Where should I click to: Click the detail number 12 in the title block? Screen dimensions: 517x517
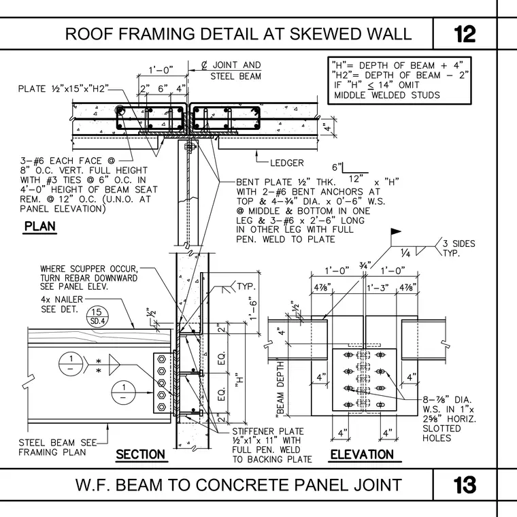[x=465, y=34]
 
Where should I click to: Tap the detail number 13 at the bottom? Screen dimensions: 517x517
[x=465, y=485]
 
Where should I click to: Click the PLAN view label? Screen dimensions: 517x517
[x=40, y=227]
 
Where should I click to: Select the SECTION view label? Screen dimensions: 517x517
[x=140, y=454]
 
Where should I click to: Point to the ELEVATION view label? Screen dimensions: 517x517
[x=362, y=454]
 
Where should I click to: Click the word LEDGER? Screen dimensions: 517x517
[x=287, y=163]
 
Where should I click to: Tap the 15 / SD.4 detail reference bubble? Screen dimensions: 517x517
[x=97, y=316]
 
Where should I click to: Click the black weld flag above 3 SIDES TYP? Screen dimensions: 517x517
[x=395, y=231]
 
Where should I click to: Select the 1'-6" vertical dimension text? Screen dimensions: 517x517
[x=252, y=310]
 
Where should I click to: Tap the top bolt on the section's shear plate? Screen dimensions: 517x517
[x=162, y=359]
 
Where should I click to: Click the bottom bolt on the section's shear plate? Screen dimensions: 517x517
[x=162, y=407]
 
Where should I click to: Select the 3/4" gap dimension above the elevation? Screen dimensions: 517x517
[x=365, y=265]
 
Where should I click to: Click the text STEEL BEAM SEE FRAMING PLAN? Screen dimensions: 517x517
[x=58, y=447]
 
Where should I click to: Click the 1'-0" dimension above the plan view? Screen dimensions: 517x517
[x=161, y=70]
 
